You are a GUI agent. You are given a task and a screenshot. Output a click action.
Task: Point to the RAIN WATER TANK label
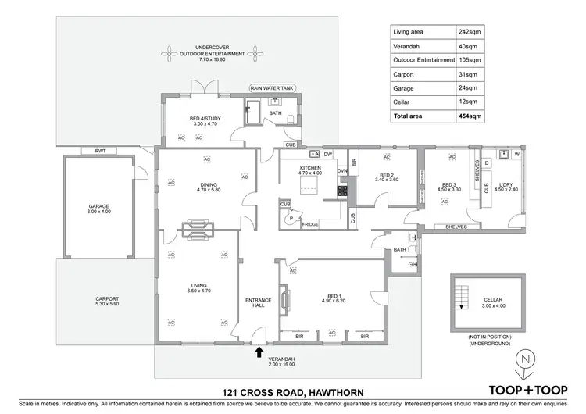tap(271, 89)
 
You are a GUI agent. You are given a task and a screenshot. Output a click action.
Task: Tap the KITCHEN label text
tap(311, 170)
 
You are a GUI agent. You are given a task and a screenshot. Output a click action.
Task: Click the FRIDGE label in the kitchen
tap(310, 224)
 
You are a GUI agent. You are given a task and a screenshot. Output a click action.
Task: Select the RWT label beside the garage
tap(100, 151)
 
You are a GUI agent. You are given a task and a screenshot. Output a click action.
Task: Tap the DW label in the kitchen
tap(328, 154)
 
